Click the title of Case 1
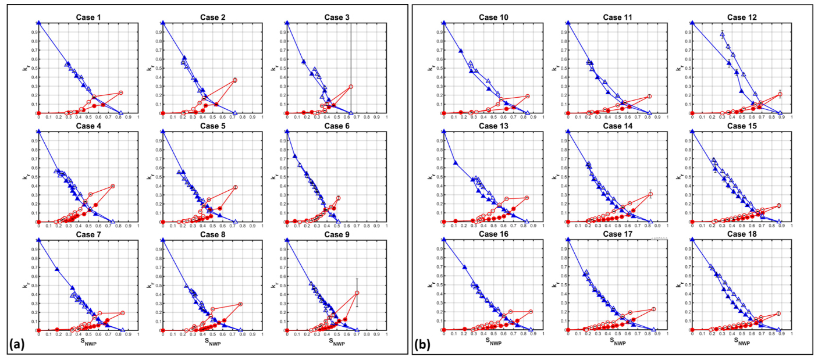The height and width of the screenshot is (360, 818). pyautogui.click(x=88, y=16)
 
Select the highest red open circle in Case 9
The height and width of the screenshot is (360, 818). pyautogui.click(x=357, y=293)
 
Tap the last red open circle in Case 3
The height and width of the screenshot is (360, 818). pyautogui.click(x=351, y=87)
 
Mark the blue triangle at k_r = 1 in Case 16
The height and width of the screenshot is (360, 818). pyautogui.click(x=444, y=240)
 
